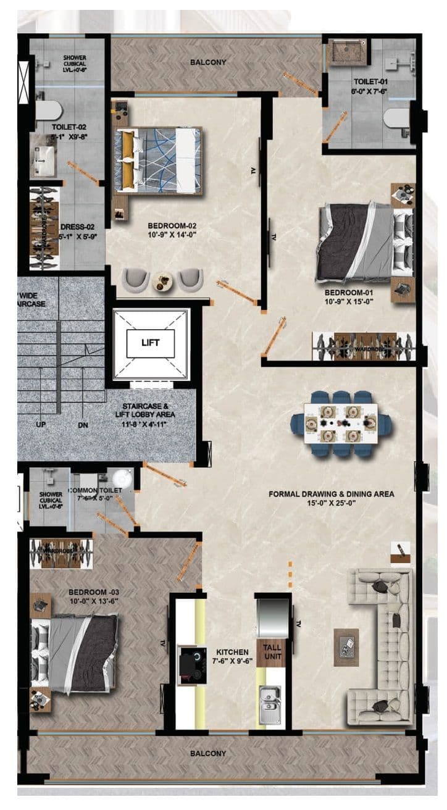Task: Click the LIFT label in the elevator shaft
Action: (x=151, y=342)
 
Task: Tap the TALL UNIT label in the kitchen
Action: (x=272, y=651)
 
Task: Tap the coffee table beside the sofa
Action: (x=346, y=646)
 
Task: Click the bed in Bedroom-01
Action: (x=364, y=243)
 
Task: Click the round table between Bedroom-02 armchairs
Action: (x=162, y=281)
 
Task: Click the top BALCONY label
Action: (x=208, y=62)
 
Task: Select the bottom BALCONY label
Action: (x=207, y=753)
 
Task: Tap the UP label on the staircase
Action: (x=41, y=425)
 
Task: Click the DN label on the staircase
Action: (x=83, y=425)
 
